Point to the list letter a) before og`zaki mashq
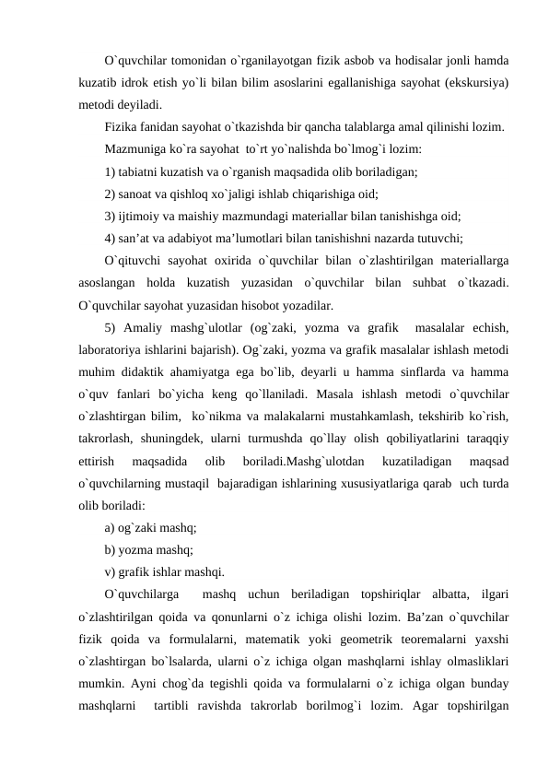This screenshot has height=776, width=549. (x=110, y=528)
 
